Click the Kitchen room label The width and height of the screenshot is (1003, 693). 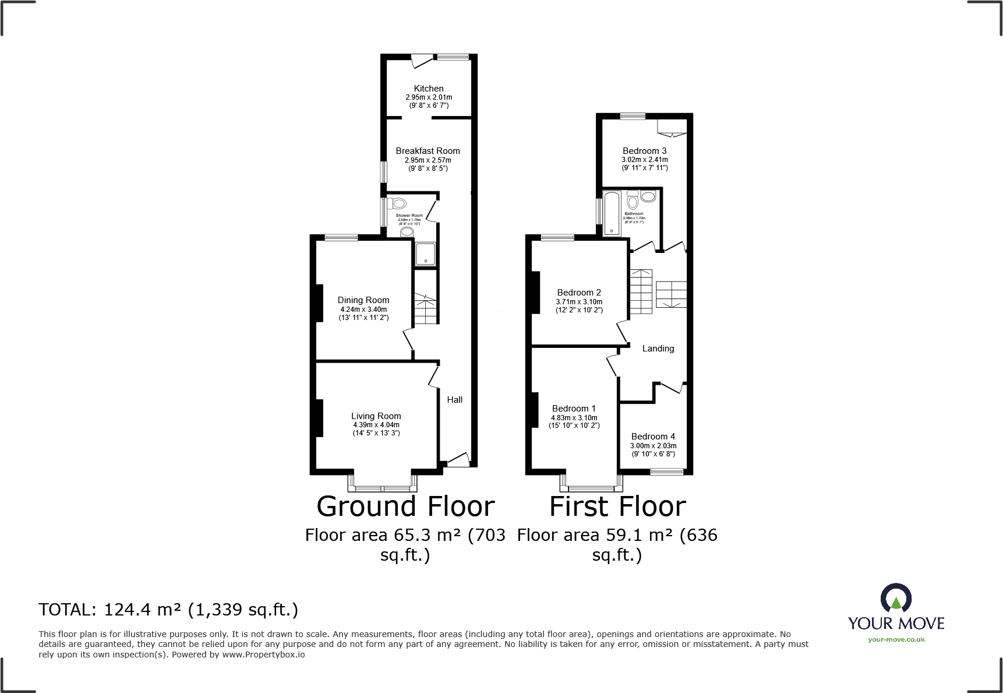tap(429, 89)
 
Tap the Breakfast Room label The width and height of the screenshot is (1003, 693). tap(428, 151)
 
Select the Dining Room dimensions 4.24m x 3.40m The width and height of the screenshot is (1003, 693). tap(363, 309)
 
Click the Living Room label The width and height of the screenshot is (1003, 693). tap(376, 416)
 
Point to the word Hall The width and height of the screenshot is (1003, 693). tap(454, 400)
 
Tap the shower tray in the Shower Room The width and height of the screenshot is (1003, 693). tap(425, 254)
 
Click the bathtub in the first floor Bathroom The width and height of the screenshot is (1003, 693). tap(612, 213)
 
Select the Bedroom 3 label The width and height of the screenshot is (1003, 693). tap(644, 151)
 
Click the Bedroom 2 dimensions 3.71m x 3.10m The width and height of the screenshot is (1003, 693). tap(579, 302)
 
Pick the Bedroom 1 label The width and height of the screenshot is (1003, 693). tap(574, 409)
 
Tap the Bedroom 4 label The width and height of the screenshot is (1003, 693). tap(653, 437)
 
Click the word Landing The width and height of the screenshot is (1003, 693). tap(658, 349)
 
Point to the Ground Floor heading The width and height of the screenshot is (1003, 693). tap(405, 506)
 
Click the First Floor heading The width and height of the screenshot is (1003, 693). tap(617, 506)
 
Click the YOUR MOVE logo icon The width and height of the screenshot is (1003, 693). tap(896, 599)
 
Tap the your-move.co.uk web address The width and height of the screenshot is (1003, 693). tap(896, 639)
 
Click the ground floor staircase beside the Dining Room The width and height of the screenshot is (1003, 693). tap(426, 309)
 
